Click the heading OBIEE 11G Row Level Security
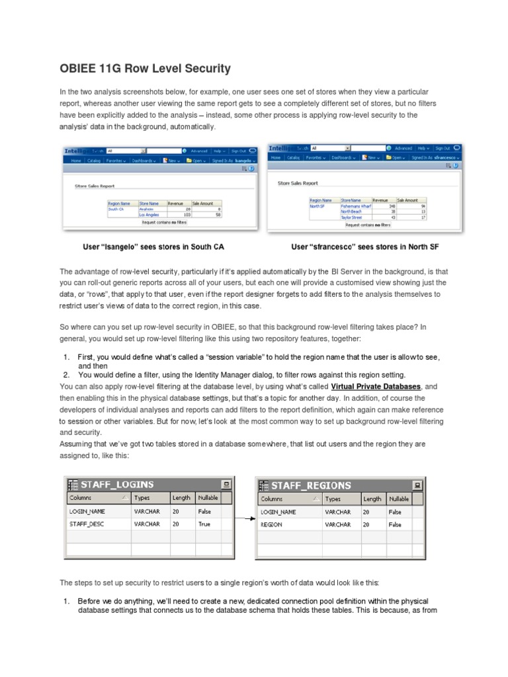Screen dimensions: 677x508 [145, 68]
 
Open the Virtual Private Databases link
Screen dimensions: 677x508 [375, 385]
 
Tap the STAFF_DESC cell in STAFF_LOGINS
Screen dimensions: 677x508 [84, 524]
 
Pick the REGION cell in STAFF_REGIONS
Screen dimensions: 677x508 [272, 524]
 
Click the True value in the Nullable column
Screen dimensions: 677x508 [204, 524]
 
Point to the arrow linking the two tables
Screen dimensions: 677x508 [245, 518]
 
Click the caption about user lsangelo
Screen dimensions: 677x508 [153, 247]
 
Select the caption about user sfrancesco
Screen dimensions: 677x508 [364, 247]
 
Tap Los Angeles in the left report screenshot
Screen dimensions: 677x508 [149, 215]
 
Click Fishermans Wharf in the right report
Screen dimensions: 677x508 [356, 206]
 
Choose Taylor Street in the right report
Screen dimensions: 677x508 [352, 216]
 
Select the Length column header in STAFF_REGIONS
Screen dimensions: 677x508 [372, 498]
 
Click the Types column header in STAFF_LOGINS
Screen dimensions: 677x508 [142, 498]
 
